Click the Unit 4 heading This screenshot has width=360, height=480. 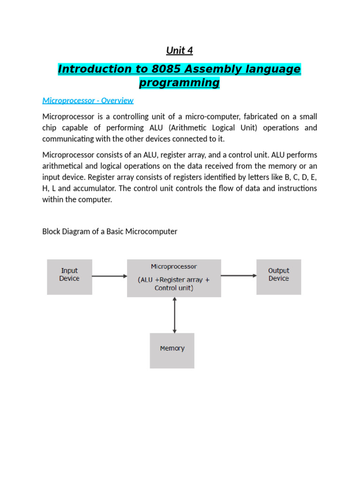pyautogui.click(x=180, y=51)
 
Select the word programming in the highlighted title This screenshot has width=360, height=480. pyautogui.click(x=180, y=83)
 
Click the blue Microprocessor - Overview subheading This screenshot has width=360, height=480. pyautogui.click(x=88, y=100)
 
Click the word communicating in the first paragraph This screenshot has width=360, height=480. pyautogui.click(x=66, y=139)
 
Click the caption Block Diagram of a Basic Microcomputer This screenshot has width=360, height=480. pyautogui.click(x=110, y=232)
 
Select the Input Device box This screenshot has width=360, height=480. pyautogui.click(x=69, y=277)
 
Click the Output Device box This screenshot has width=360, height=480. pyautogui.click(x=278, y=277)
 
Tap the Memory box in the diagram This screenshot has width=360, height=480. pyautogui.click(x=172, y=350)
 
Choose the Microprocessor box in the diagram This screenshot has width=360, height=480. pyautogui.click(x=174, y=277)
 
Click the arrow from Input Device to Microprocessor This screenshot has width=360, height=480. pyautogui.click(x=110, y=276)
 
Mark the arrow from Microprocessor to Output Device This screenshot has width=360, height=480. pyautogui.click(x=239, y=276)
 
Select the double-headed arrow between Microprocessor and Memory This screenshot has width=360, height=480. pyautogui.click(x=174, y=315)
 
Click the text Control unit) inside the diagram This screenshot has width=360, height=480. pyautogui.click(x=174, y=288)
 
